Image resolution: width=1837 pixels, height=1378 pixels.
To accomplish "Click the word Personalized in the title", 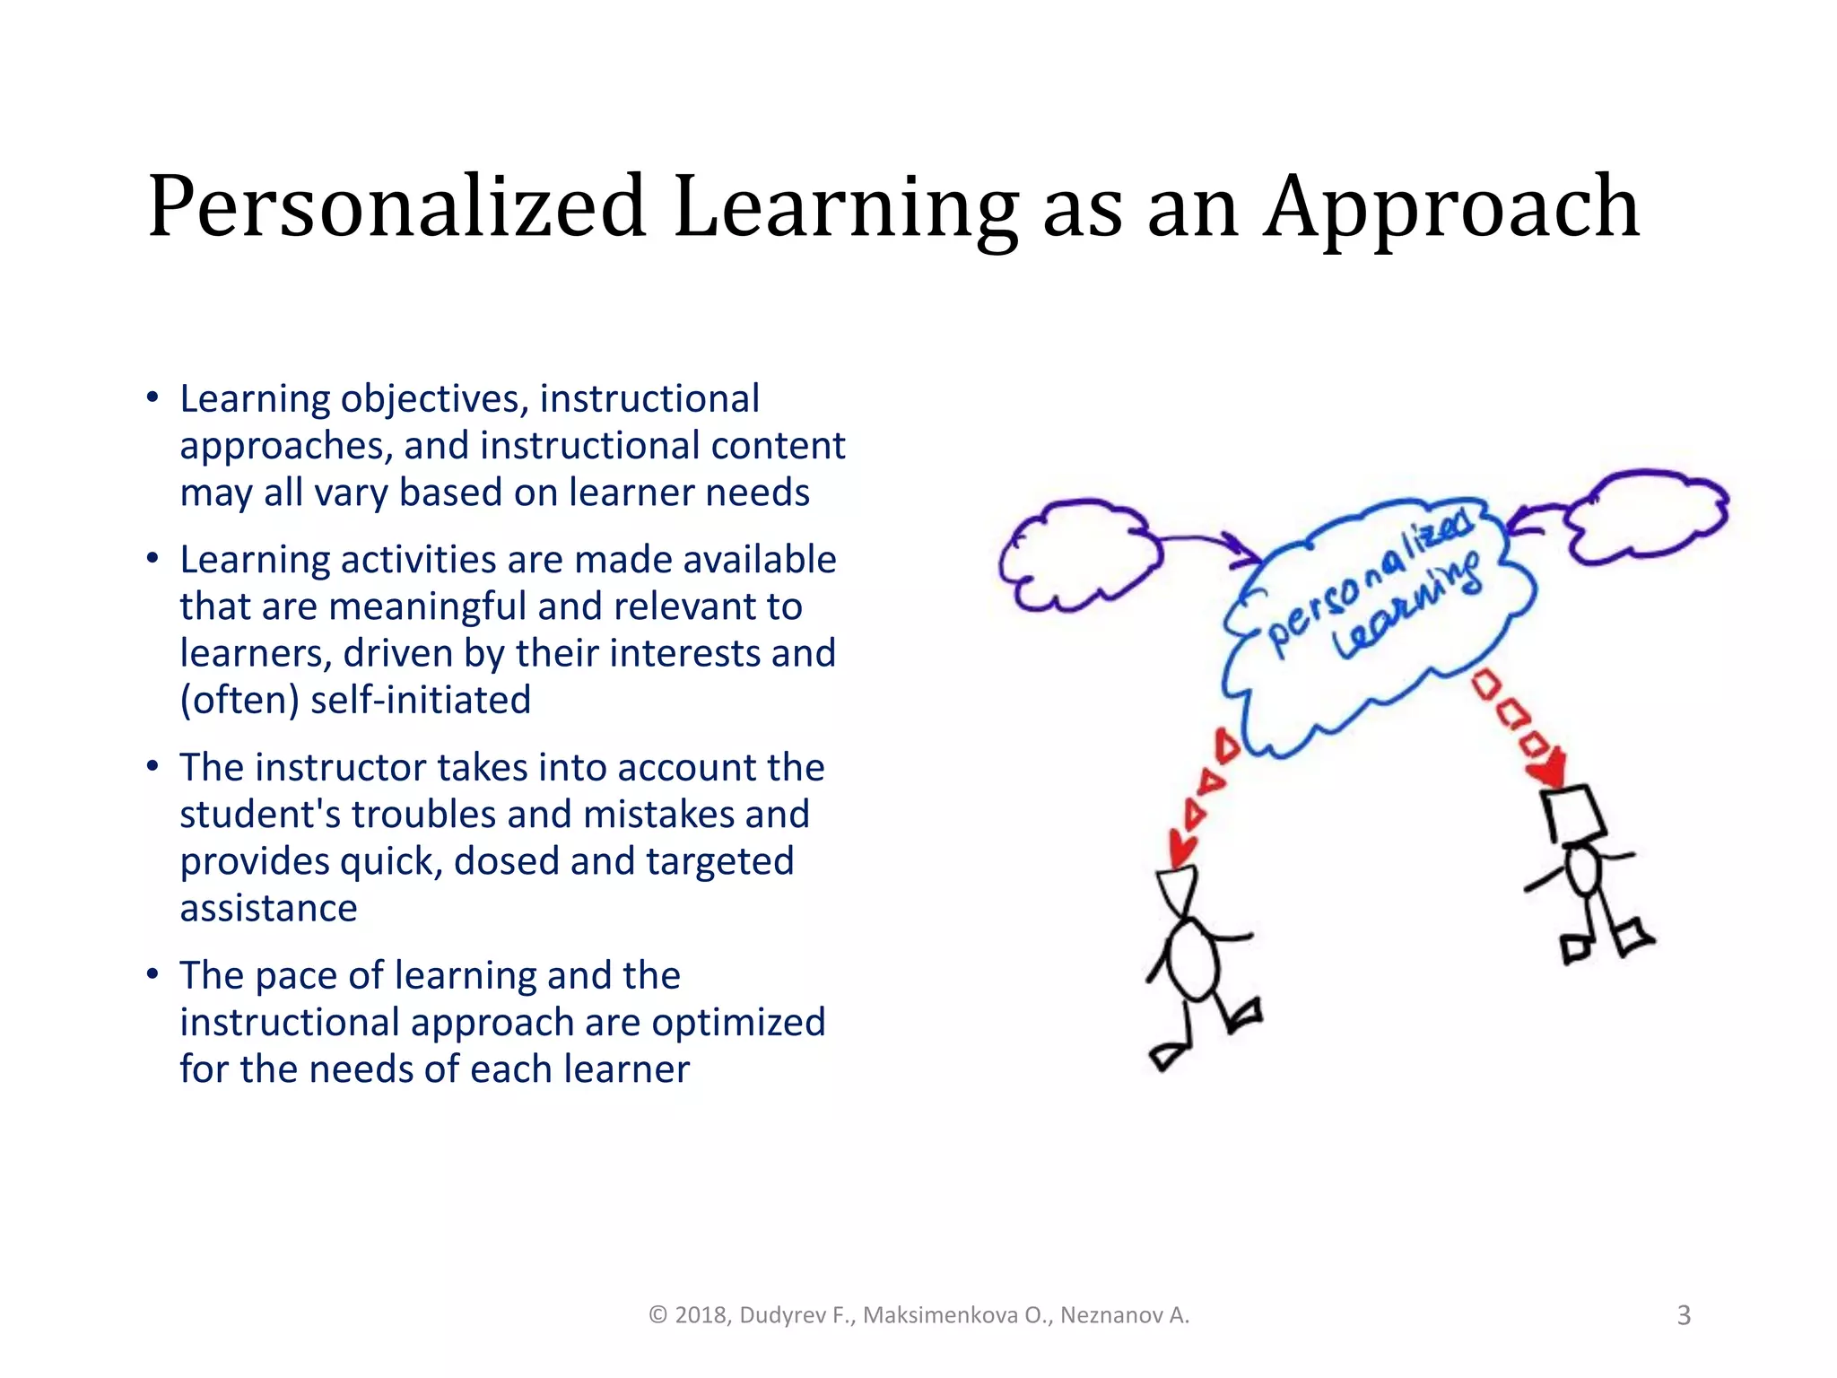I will [396, 208].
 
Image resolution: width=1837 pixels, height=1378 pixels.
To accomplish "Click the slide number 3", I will [1684, 1315].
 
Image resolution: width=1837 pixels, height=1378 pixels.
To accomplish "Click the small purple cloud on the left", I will [1076, 556].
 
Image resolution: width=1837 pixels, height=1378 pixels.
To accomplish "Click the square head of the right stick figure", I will [1574, 813].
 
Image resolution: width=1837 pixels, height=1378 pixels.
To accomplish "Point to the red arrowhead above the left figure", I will [1182, 847].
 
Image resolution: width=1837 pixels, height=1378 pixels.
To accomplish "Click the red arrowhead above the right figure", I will [1550, 770].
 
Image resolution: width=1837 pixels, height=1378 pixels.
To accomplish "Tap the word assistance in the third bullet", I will [268, 908].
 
